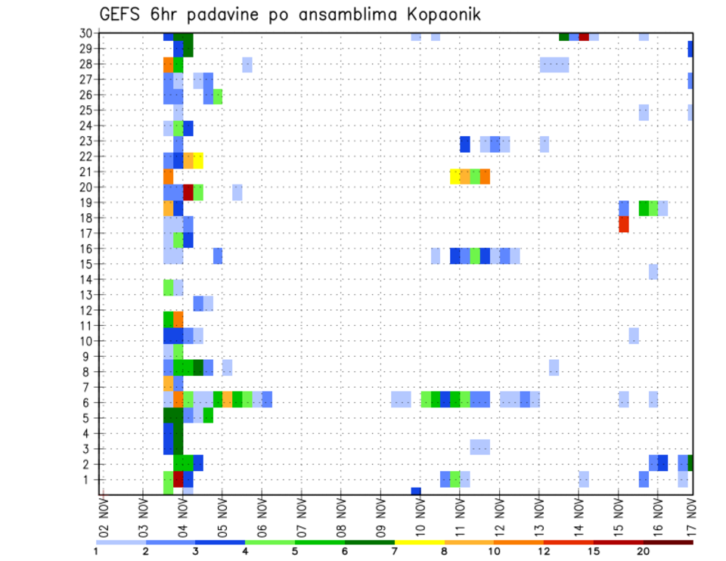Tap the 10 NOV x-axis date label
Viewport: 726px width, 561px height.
coord(420,519)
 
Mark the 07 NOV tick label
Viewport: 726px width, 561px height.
coord(301,519)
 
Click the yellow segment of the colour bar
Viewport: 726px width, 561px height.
coord(419,541)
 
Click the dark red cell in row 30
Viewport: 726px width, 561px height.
coord(584,36)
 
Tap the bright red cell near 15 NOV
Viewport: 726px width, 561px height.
coord(624,224)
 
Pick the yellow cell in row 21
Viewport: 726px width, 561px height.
coord(455,176)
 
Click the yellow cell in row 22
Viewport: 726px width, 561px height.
coord(198,160)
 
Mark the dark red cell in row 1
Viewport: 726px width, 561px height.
coord(178,479)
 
